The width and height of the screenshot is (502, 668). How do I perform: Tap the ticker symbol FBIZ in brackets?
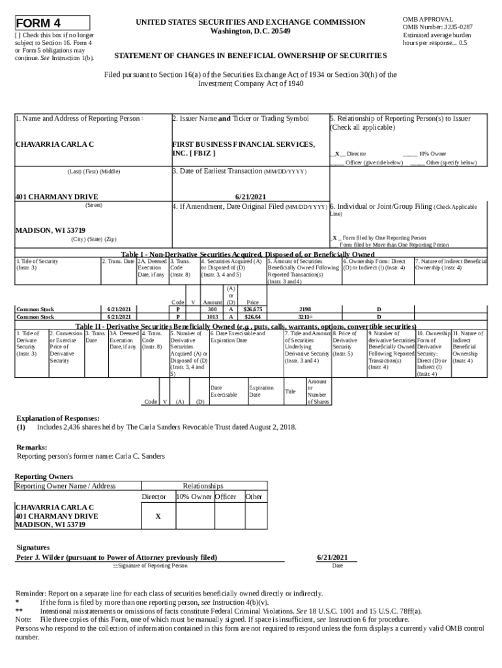pos(200,153)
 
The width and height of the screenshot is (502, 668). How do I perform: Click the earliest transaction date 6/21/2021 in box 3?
pos(250,196)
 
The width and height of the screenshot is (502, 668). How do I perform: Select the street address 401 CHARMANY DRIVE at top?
pos(57,196)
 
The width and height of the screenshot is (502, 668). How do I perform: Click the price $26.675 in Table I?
pos(252,309)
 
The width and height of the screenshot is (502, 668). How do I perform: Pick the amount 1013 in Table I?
pos(213,317)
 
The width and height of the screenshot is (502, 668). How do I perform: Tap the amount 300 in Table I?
pos(213,309)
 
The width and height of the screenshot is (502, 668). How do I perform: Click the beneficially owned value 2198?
pos(304,309)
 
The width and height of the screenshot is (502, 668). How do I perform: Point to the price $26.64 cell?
pos(252,317)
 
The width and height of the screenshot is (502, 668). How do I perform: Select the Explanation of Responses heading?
pos(58,418)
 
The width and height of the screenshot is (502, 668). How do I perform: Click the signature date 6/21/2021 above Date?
pos(337,558)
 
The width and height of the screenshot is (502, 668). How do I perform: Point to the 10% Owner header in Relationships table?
pos(194,496)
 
